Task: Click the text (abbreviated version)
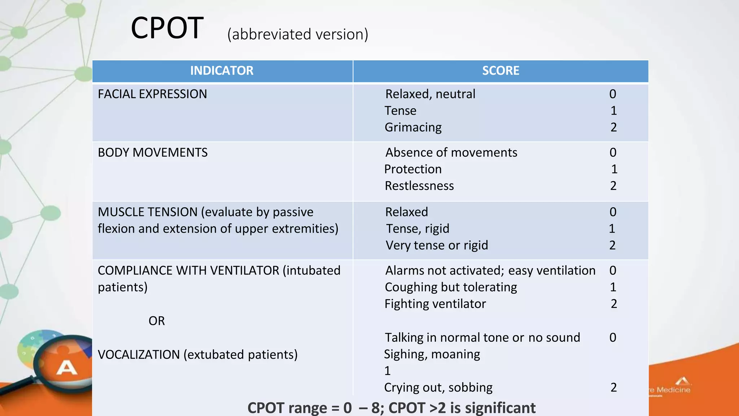click(x=298, y=35)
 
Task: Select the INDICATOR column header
click(x=222, y=70)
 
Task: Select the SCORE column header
click(x=500, y=70)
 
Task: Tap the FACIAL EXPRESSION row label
click(x=152, y=94)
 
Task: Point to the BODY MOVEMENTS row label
click(x=153, y=153)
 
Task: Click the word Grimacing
click(x=413, y=127)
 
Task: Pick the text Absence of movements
click(x=451, y=153)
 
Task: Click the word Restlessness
click(x=419, y=186)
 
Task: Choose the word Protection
click(x=413, y=169)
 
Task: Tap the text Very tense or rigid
click(x=437, y=246)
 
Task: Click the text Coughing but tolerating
click(x=451, y=287)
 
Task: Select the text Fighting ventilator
click(x=435, y=304)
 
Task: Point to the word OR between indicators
click(x=157, y=321)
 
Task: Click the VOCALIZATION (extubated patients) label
click(x=198, y=355)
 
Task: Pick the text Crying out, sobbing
click(x=438, y=388)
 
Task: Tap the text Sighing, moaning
click(x=432, y=355)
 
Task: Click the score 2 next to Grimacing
click(x=613, y=127)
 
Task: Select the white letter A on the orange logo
click(x=67, y=368)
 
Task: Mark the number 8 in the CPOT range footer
click(x=375, y=408)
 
